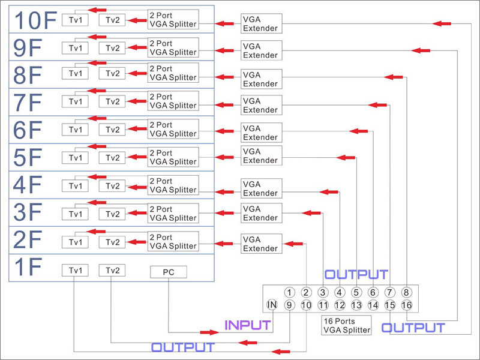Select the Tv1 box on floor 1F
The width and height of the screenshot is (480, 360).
point(75,271)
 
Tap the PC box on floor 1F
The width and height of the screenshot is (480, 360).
point(168,272)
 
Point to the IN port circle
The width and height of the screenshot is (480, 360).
point(272,305)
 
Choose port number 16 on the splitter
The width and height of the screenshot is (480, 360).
point(407,305)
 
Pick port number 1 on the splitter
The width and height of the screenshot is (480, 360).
point(289,292)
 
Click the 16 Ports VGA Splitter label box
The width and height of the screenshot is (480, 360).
point(347,325)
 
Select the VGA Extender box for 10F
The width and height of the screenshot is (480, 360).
point(260,23)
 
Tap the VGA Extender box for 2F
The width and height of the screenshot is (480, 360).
point(260,244)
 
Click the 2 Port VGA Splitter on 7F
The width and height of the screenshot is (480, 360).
point(173,101)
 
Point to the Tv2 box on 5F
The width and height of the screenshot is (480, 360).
point(112,158)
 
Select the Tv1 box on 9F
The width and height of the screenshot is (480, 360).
point(75,48)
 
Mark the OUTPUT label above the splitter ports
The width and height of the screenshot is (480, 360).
point(356,275)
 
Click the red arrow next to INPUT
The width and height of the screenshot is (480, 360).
point(209,332)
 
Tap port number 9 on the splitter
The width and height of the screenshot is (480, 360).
point(289,305)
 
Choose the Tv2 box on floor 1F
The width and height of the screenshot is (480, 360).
point(112,271)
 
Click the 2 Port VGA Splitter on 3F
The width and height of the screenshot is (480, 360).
point(173,214)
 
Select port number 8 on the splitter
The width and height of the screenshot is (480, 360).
point(407,292)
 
